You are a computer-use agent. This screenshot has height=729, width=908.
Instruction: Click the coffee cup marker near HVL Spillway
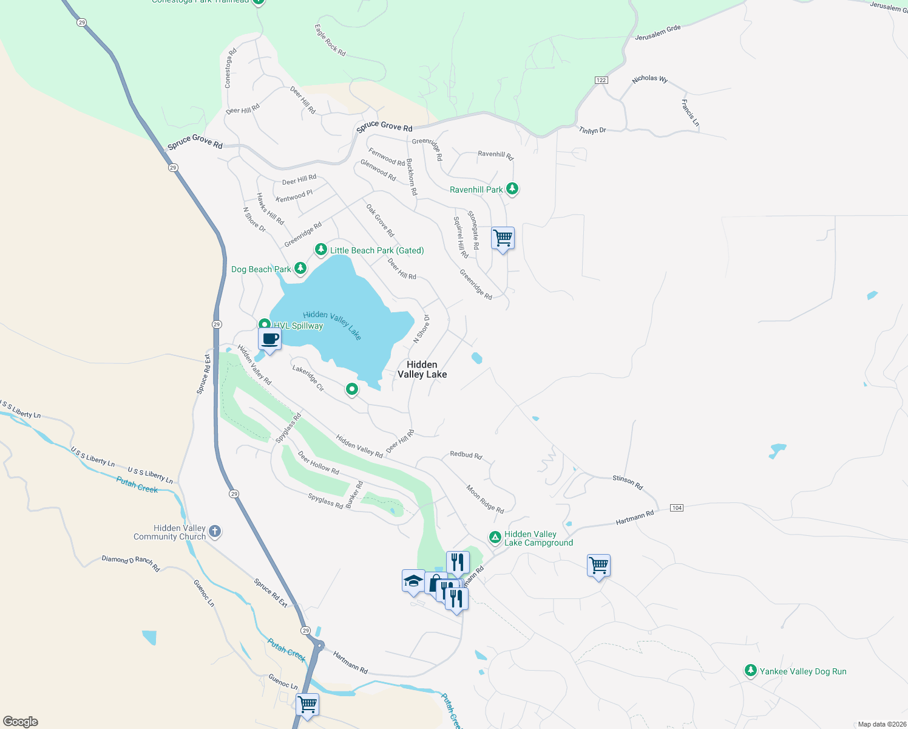pos(270,340)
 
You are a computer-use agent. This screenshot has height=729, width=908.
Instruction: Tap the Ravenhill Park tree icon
pos(512,189)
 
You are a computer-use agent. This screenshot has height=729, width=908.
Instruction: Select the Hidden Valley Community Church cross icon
pos(214,532)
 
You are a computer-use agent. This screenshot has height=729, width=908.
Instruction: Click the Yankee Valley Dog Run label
pos(802,671)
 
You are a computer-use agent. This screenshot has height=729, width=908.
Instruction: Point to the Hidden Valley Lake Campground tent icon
pos(495,537)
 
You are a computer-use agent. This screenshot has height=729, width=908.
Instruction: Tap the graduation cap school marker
pos(413,581)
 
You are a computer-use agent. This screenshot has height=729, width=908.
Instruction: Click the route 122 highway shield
pos(601,80)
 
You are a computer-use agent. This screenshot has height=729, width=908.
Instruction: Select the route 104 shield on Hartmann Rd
pos(677,507)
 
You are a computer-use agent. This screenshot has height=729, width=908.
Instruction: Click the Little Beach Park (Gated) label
pos(376,250)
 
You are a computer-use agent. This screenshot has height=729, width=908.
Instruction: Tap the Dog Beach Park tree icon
pos(300,268)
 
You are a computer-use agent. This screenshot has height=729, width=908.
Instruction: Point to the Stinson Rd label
pos(627,482)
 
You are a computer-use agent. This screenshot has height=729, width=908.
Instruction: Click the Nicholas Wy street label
pos(649,79)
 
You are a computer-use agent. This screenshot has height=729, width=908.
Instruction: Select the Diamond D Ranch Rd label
pos(130,563)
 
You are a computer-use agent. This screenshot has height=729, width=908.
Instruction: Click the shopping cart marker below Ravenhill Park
pos(503,238)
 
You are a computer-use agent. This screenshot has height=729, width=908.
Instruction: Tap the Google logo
pos(21,721)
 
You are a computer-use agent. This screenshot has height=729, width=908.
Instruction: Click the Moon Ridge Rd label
pos(485,499)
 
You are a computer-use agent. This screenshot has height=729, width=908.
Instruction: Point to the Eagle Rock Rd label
pos(330,41)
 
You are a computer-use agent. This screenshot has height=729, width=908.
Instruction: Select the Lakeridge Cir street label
pos(308,377)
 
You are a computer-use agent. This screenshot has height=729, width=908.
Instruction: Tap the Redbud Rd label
pos(466,454)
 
